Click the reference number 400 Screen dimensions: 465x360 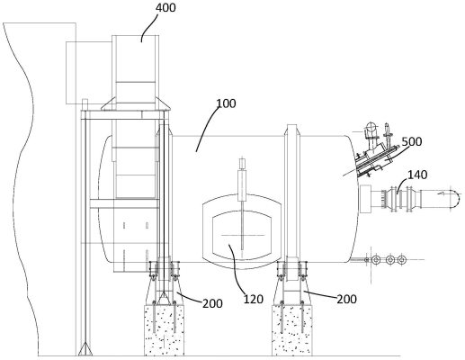[165, 8]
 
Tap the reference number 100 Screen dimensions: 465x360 [226, 103]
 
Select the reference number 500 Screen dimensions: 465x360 [412, 141]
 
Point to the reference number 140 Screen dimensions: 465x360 [416, 175]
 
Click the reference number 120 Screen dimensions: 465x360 [254, 299]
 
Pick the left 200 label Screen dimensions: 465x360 [212, 303]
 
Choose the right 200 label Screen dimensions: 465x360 [346, 299]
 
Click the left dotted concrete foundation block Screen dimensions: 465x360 [165, 330]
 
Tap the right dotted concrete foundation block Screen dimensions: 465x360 [292, 330]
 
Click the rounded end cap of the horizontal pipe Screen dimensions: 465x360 [455, 198]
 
